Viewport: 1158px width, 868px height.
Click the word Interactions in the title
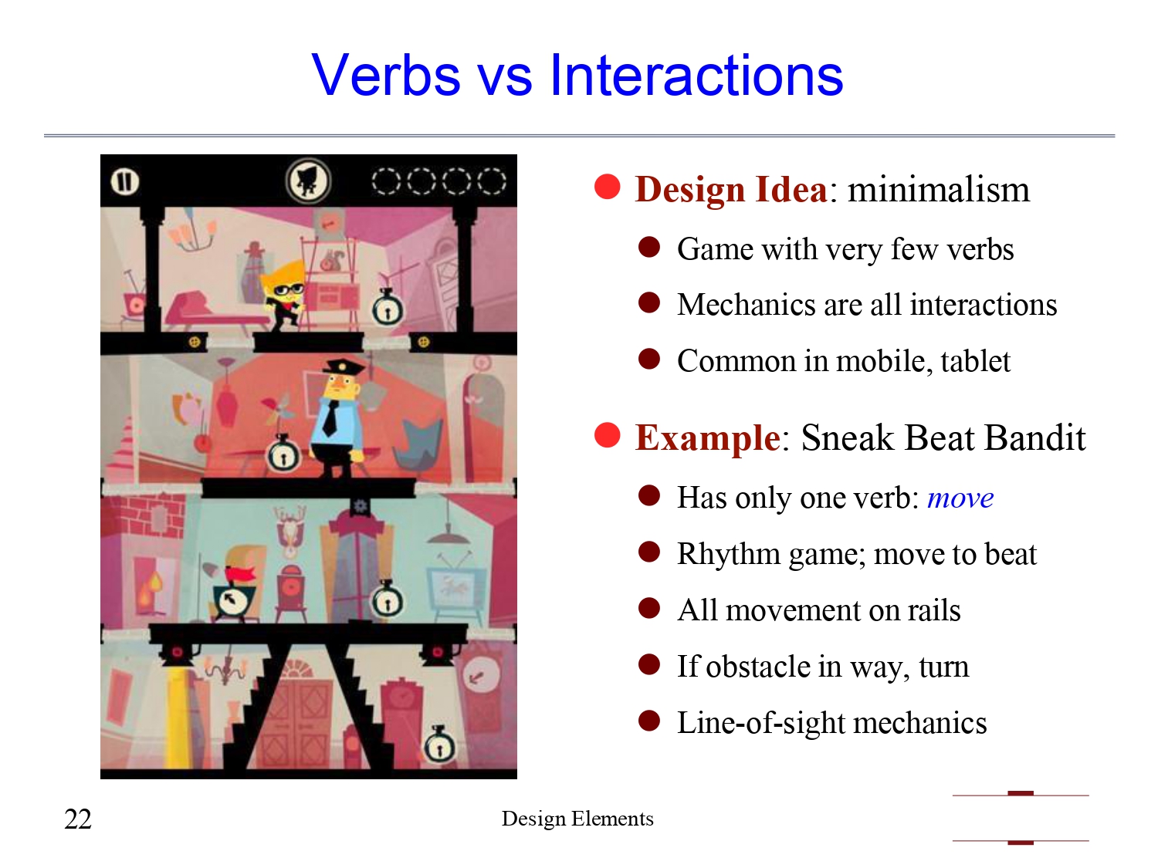[x=696, y=76]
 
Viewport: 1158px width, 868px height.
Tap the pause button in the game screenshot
[x=125, y=182]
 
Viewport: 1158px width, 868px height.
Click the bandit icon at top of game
[x=308, y=182]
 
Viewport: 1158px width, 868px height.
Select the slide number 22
[x=78, y=819]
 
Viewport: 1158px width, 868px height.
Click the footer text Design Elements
[x=577, y=819]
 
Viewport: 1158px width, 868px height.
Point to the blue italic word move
[x=960, y=498]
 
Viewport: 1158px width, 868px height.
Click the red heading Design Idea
[x=730, y=190]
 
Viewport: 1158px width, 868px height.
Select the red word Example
[x=707, y=438]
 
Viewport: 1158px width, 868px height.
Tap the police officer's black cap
[x=343, y=367]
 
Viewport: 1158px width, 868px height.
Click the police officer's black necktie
[x=330, y=417]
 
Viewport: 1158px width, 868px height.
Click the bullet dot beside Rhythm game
[x=649, y=552]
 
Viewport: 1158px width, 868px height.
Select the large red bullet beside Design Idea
[x=608, y=187]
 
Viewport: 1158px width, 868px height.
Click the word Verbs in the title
[x=386, y=76]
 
